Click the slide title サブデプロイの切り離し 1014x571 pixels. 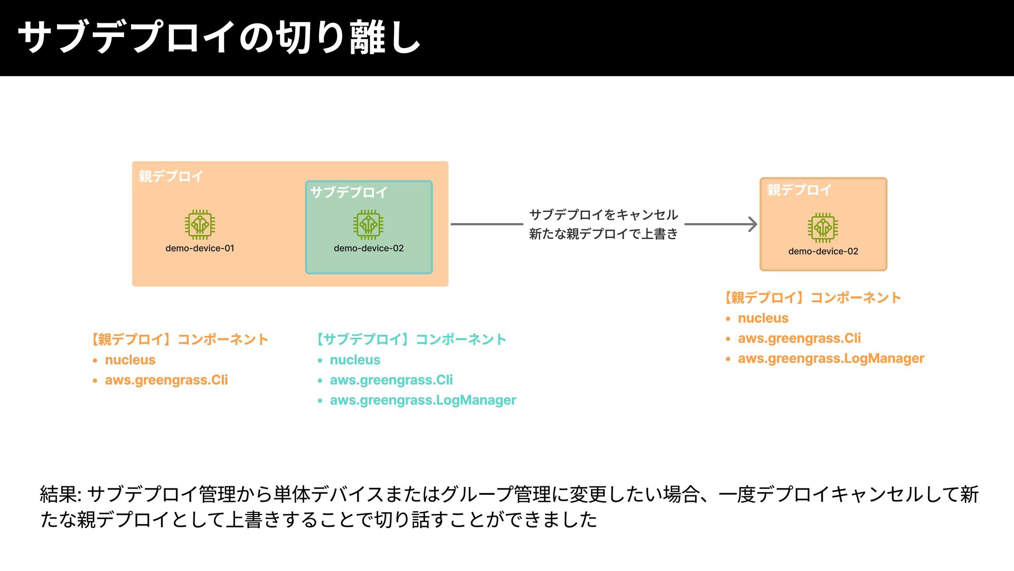pyautogui.click(x=219, y=38)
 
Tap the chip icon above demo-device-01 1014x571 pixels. pyautogui.click(x=200, y=225)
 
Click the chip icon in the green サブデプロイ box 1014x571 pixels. pyautogui.click(x=368, y=225)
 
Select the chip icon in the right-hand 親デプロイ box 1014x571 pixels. pyautogui.click(x=822, y=228)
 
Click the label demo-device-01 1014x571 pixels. pyautogui.click(x=200, y=248)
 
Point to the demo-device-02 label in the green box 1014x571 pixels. pyautogui.click(x=369, y=248)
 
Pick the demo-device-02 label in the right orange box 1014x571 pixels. pyautogui.click(x=823, y=251)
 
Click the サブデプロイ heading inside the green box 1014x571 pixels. pyautogui.click(x=349, y=192)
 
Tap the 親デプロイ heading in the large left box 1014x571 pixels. pyautogui.click(x=171, y=176)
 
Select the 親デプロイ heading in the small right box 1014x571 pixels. pyautogui.click(x=799, y=190)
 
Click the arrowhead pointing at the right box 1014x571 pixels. pyautogui.click(x=752, y=224)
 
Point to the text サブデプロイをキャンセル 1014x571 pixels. pyautogui.click(x=603, y=215)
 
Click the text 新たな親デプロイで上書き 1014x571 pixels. pyautogui.click(x=603, y=234)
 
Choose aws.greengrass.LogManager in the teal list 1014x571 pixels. pyautogui.click(x=422, y=400)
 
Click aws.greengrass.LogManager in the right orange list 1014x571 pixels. pyautogui.click(x=831, y=358)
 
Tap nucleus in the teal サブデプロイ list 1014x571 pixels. pyautogui.click(x=355, y=360)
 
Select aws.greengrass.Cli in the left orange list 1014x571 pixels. pyautogui.click(x=166, y=380)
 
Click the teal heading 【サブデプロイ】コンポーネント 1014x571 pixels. pyautogui.click(x=411, y=339)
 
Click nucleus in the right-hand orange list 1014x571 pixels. pyautogui.click(x=763, y=318)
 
